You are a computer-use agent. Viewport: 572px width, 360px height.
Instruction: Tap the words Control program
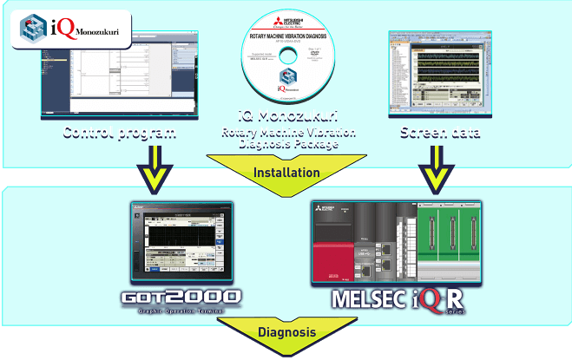119,132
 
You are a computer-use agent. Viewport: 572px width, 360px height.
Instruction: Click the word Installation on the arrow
286,172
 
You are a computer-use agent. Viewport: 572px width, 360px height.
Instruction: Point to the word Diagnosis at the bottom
286,332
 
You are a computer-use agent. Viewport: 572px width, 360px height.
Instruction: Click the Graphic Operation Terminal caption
180,311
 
